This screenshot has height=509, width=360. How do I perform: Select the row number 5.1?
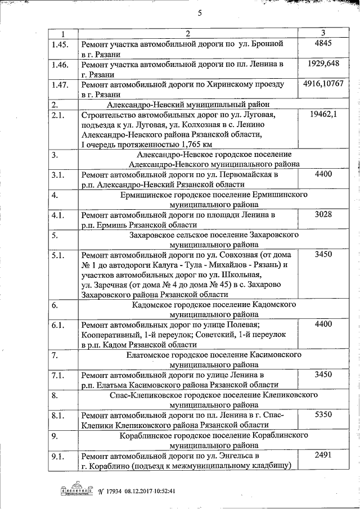point(57,255)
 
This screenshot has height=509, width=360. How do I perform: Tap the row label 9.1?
point(57,456)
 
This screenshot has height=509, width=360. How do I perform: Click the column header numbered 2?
point(188,33)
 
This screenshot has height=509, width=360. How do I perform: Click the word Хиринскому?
point(215,84)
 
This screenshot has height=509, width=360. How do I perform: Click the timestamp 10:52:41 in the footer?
point(161,490)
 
